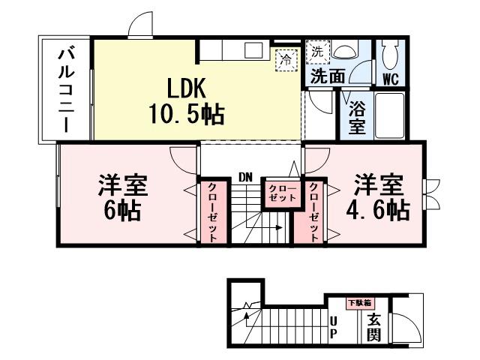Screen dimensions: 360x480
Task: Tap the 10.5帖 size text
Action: (x=185, y=115)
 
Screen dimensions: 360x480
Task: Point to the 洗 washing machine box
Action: (x=316, y=52)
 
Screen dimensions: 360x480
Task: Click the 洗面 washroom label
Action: (x=328, y=76)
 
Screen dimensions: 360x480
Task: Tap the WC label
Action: (x=390, y=78)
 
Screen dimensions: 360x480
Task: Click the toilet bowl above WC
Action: (x=390, y=53)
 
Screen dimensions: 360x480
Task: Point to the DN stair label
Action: (x=245, y=177)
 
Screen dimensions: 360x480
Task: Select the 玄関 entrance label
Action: (x=372, y=326)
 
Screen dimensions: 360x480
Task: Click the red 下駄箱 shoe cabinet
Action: (x=358, y=303)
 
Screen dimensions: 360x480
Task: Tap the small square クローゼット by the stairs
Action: (x=277, y=193)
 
